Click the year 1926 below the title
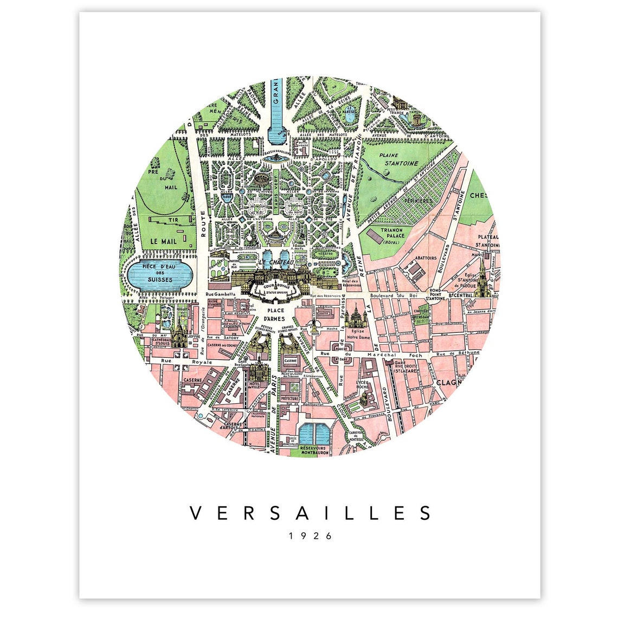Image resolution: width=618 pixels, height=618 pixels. [x=310, y=536]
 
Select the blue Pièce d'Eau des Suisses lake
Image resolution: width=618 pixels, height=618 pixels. [x=157, y=273]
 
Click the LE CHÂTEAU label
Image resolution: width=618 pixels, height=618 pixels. [x=276, y=262]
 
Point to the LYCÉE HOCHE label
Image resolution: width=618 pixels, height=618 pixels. [x=363, y=384]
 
